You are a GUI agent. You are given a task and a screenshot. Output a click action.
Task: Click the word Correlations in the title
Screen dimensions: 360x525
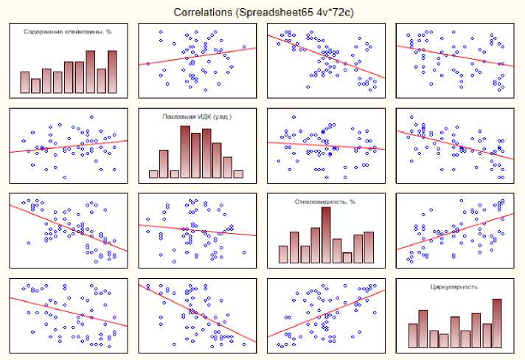[199, 13]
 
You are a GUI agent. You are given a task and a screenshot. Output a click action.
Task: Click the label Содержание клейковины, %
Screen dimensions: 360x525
[67, 32]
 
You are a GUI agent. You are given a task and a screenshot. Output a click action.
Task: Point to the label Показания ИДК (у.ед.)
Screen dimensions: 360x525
[196, 116]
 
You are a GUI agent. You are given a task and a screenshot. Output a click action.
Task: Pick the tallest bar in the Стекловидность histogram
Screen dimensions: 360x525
[326, 235]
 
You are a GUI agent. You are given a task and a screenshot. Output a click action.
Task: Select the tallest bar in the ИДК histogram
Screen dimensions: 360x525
[185, 152]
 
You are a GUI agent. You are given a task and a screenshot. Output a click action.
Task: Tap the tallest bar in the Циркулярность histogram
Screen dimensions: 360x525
[496, 323]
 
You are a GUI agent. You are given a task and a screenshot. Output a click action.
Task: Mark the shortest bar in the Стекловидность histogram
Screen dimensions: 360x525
[347, 258]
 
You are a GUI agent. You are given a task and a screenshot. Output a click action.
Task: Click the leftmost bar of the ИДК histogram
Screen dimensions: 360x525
[153, 174]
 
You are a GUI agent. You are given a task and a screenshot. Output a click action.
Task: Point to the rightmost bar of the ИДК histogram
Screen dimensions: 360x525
[238, 174]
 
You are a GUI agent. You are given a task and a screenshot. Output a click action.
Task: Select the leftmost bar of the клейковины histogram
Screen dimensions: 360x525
[25, 83]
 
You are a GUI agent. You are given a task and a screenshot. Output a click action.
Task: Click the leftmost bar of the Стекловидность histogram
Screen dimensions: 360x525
[283, 255]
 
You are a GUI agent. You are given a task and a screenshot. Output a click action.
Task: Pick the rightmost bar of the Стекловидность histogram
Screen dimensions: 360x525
[369, 249]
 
